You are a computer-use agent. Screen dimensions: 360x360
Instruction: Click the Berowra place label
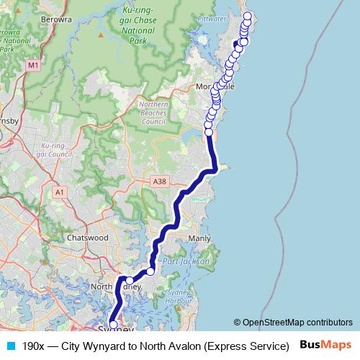click(x=58, y=19)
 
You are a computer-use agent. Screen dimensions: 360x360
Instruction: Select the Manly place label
click(x=199, y=238)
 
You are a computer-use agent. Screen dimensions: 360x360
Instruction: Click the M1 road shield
click(x=32, y=66)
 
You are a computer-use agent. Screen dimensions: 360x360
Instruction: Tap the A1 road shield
click(x=60, y=192)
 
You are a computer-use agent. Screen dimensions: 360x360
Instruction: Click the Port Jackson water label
click(x=186, y=261)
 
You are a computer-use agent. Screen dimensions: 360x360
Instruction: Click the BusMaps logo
click(x=326, y=346)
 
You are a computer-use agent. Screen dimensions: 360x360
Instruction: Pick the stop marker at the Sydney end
click(x=113, y=325)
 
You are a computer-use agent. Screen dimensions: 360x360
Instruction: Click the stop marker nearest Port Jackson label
click(x=150, y=271)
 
